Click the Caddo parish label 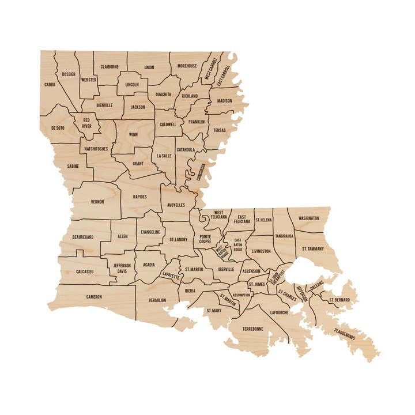50,85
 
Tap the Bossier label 69,74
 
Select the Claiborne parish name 110,66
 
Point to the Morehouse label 187,66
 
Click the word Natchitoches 96,149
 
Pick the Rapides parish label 139,197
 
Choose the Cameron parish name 94,297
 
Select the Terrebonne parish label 252,329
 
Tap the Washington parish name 309,218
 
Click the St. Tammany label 313,249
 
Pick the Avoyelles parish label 177,205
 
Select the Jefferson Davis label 122,269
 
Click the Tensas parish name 220,130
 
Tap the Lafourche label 278,312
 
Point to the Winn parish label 133,134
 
